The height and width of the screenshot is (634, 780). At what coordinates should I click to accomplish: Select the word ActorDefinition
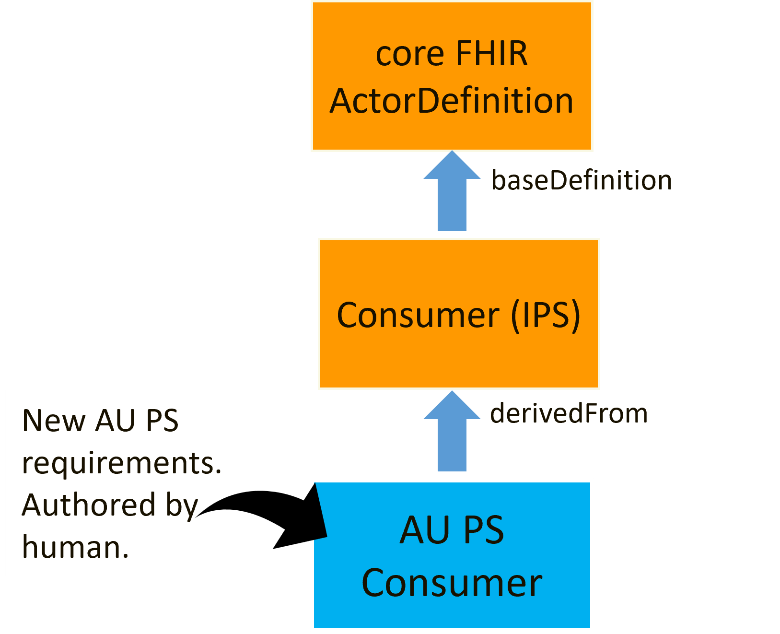[451, 101]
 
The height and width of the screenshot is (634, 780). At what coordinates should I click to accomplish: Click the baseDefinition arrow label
[581, 181]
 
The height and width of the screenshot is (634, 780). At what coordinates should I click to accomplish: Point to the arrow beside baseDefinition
[452, 194]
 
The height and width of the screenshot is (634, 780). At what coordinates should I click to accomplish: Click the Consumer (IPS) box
[459, 355]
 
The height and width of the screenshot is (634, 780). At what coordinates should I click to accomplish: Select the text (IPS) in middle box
[546, 315]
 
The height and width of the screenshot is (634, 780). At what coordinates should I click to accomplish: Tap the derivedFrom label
[569, 413]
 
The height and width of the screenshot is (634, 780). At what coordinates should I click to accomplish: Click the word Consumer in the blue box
[452, 583]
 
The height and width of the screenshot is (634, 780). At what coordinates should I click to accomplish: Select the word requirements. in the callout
[122, 464]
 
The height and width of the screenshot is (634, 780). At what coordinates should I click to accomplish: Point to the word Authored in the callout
[89, 505]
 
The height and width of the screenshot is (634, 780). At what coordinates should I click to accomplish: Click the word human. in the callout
[75, 547]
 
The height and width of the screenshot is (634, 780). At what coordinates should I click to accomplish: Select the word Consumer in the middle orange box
[418, 315]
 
